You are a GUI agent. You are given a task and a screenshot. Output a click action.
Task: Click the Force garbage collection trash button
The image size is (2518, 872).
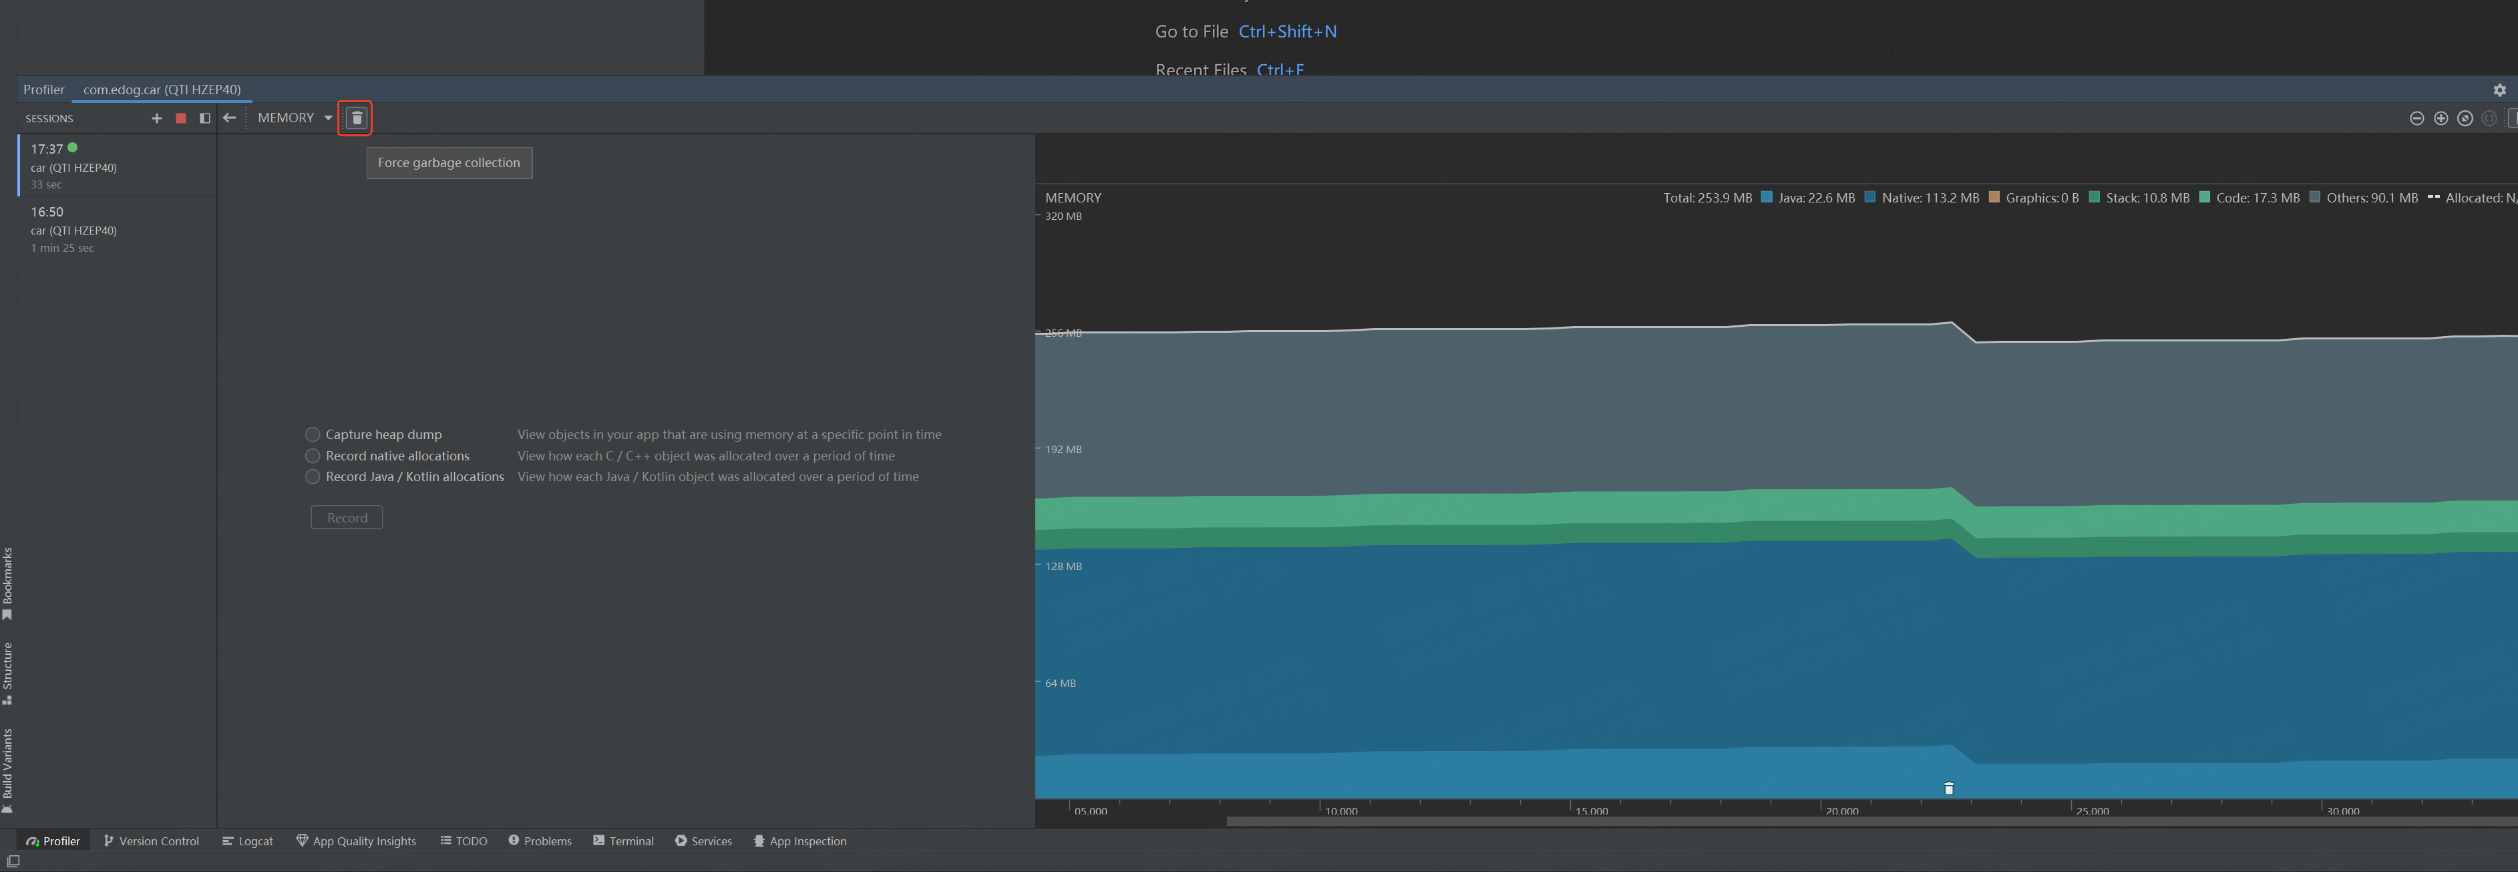pos(357,118)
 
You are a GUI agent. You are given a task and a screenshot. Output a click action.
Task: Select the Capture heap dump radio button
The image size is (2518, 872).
pos(313,434)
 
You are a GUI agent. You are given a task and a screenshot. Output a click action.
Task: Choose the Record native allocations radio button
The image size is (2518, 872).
pos(313,456)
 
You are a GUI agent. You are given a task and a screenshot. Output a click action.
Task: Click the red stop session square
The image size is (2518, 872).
pos(181,118)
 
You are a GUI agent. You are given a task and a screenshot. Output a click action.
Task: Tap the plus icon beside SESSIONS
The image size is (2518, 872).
pos(156,118)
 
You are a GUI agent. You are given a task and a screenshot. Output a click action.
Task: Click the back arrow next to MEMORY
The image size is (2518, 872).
pos(230,118)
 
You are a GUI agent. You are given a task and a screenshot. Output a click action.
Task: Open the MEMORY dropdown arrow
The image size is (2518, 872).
pos(329,118)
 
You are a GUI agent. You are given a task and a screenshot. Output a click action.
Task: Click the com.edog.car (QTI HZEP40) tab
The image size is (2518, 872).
pos(162,89)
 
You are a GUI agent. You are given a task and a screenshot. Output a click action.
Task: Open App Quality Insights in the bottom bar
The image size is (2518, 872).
pos(356,841)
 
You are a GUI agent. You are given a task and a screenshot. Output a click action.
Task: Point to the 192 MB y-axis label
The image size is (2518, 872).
pos(1063,450)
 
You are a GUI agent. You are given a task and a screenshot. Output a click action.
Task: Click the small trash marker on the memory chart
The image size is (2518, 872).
pos(1948,788)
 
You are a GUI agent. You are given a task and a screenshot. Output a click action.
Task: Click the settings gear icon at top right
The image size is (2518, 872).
pos(2499,90)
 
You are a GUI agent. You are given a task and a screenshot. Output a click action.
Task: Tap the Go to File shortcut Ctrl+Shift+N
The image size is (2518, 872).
pos(1287,31)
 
